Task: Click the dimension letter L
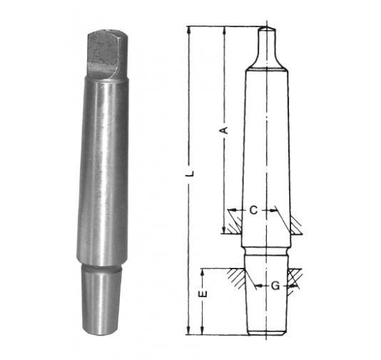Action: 191,173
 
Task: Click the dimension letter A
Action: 225,130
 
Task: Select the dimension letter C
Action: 253,210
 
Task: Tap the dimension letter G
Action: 275,286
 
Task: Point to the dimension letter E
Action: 203,294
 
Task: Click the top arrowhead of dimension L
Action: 189,31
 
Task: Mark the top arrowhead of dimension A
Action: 225,31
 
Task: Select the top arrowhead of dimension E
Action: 203,273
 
